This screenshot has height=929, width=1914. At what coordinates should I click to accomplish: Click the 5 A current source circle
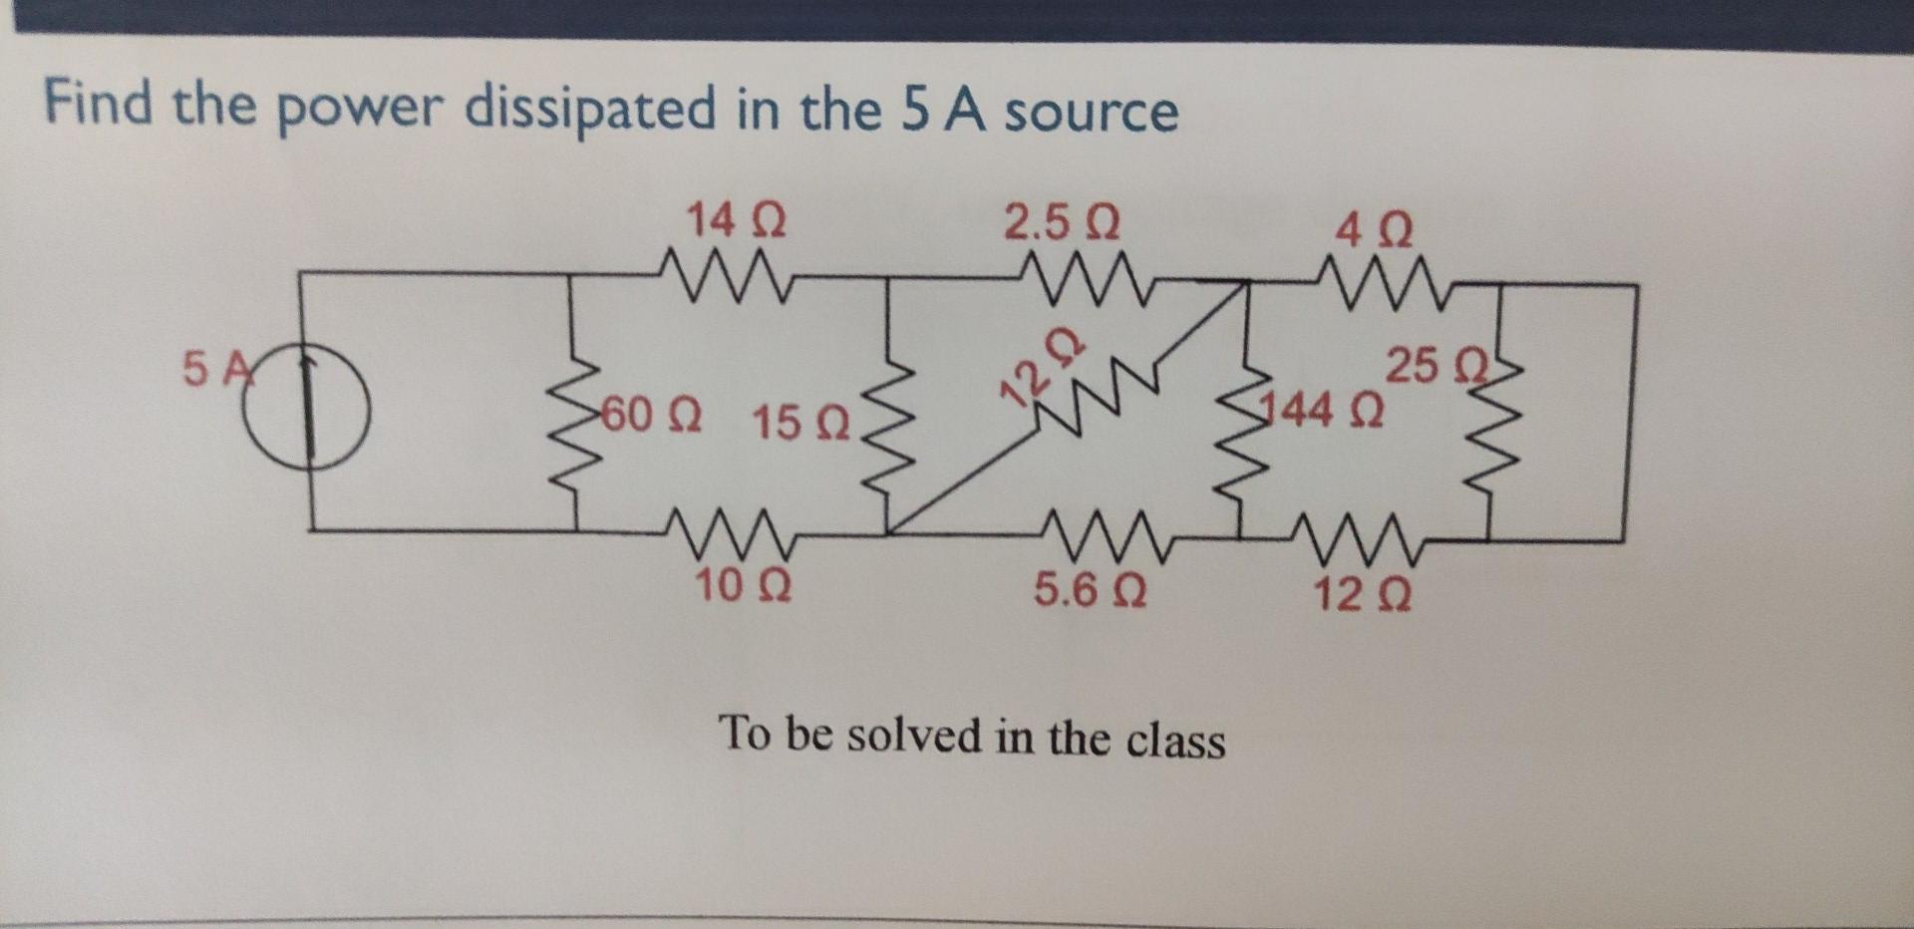coord(312,406)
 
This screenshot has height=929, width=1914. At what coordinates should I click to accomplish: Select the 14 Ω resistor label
coord(736,219)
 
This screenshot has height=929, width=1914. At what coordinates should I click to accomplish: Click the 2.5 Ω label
coord(1061,223)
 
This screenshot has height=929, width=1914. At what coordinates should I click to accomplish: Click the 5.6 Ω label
coord(1090,591)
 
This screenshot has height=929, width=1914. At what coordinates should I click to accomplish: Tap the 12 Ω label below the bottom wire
coord(1361,595)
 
